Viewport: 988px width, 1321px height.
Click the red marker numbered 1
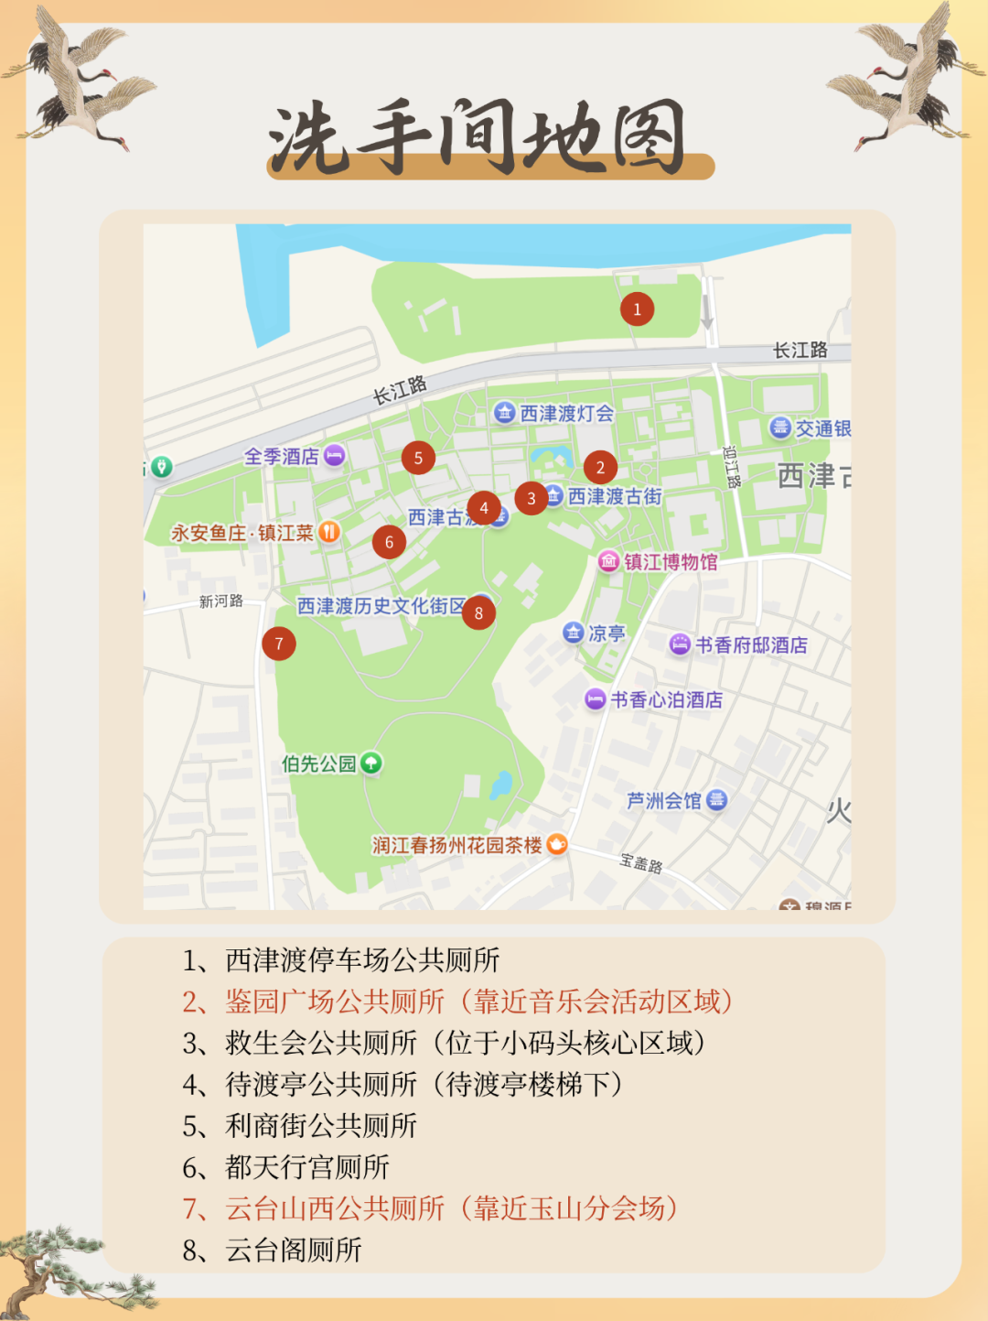tap(637, 309)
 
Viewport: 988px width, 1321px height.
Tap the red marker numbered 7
tap(279, 644)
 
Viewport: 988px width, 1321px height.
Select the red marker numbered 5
tap(418, 458)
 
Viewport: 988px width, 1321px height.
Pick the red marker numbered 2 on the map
tap(600, 467)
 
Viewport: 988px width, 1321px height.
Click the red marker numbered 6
tap(389, 542)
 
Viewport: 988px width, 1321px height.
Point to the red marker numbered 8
tap(478, 612)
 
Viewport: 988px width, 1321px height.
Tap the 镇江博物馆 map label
tap(670, 561)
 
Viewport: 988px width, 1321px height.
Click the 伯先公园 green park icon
tap(370, 763)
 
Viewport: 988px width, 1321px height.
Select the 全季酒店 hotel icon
tap(335, 455)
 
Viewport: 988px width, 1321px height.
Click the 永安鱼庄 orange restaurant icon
tap(328, 532)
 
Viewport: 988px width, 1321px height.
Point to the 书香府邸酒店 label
tap(750, 645)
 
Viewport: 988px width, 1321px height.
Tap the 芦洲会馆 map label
tap(663, 801)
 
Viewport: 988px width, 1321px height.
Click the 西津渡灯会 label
tap(566, 414)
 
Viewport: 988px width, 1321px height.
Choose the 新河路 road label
tap(221, 601)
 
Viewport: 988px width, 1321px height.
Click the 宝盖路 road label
tap(640, 862)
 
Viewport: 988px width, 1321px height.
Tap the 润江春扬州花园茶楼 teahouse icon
tap(556, 845)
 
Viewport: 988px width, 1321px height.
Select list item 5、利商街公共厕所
tap(300, 1125)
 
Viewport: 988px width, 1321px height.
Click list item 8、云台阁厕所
tap(273, 1250)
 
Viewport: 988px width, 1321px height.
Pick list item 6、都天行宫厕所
tap(286, 1167)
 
